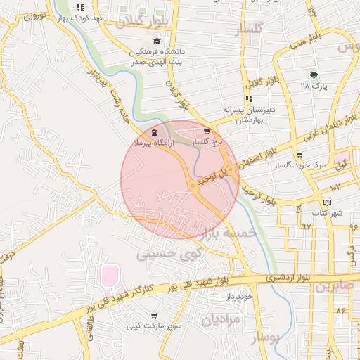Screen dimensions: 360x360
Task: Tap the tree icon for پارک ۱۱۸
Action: [314, 75]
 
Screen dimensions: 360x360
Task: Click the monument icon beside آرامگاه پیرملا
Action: [154, 133]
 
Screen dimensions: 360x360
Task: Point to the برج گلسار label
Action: [207, 142]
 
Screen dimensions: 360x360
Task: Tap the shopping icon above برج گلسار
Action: [206, 131]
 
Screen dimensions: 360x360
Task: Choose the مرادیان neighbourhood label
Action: [221, 320]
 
